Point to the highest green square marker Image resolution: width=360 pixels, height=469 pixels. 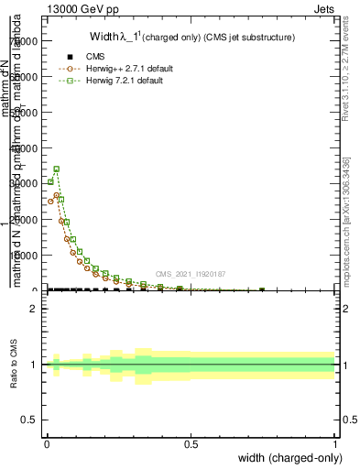pos(57,169)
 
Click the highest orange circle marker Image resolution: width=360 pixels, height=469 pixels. pos(57,195)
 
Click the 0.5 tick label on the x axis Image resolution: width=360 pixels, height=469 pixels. pos(191,444)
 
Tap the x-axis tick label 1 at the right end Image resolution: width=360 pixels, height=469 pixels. pos(335,444)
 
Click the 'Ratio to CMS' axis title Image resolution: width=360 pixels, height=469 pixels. pos(13,365)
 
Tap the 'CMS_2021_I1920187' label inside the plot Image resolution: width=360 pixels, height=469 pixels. pos(191,274)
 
